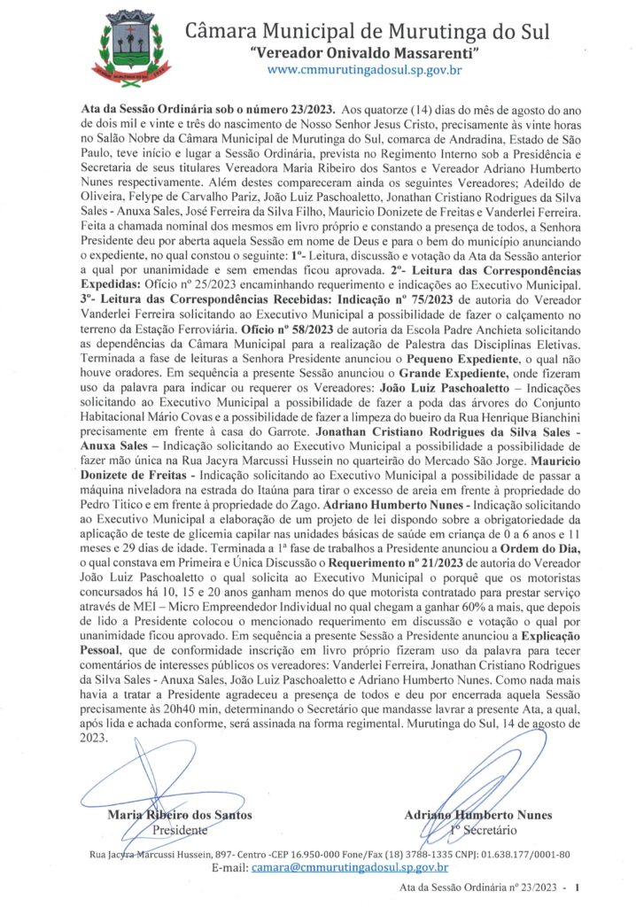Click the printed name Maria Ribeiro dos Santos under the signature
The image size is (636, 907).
click(179, 815)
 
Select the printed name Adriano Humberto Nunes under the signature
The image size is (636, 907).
click(477, 815)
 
